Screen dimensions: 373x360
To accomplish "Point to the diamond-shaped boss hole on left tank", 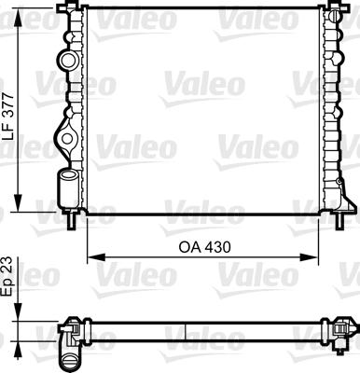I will coord(66,140).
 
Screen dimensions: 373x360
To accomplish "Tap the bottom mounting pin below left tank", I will coord(73,222).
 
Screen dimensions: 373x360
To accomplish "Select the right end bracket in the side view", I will coord(345,327).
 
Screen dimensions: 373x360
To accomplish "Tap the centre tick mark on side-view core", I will coord(186,332).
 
